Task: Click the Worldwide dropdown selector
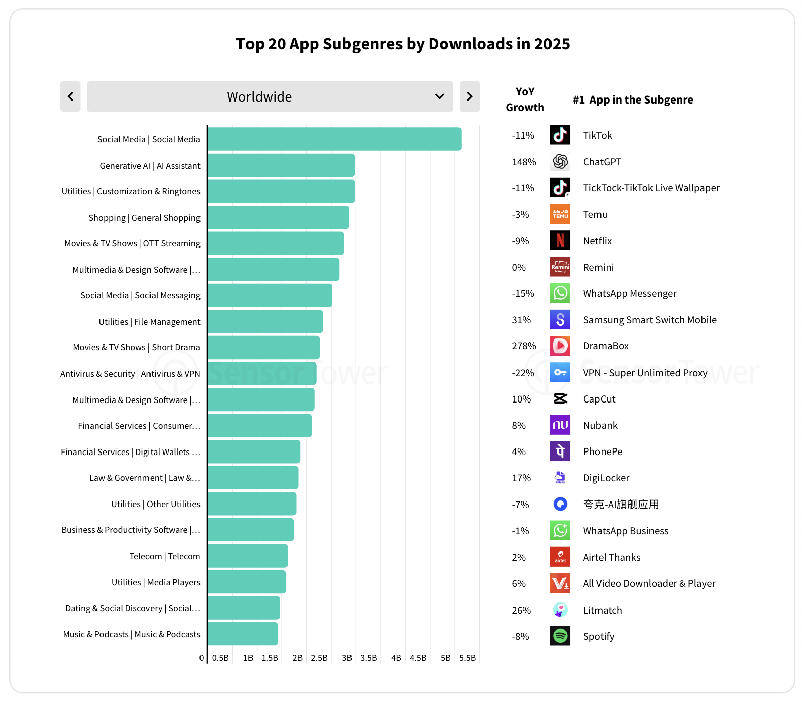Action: [270, 96]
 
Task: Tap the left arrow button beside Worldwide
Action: [70, 96]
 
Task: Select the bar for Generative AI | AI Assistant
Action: [281, 165]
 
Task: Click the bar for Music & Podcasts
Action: [243, 634]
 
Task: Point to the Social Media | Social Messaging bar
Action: [270, 295]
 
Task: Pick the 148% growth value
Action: [524, 162]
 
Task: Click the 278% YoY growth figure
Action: [524, 346]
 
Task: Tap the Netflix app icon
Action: [560, 240]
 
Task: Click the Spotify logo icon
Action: [560, 636]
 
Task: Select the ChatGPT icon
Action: [560, 162]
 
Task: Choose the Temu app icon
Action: [560, 214]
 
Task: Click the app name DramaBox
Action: [606, 346]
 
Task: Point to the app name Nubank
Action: [600, 425]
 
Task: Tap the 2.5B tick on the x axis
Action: [319, 658]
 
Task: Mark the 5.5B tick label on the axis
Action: [468, 658]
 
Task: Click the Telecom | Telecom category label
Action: [165, 556]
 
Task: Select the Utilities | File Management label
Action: [149, 322]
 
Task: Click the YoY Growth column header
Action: [525, 99]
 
